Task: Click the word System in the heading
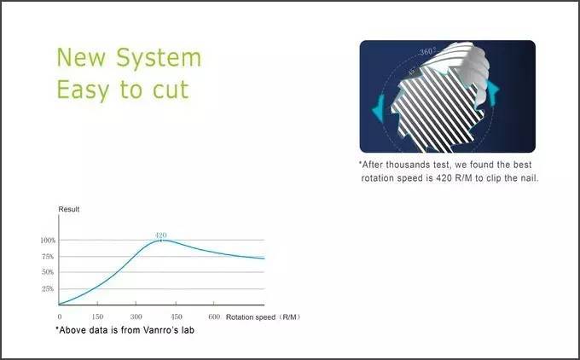159,59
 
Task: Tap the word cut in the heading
171,90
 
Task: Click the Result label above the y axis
69,209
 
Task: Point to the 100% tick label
48,241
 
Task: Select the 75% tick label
48,257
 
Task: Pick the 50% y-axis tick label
48,272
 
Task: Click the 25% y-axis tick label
48,288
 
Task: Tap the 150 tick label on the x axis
97,316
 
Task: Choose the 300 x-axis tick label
136,316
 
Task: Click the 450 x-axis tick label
176,316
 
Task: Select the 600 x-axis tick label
214,316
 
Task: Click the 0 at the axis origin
60,316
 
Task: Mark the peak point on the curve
161,240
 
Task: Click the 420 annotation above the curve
161,235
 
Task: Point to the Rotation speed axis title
251,317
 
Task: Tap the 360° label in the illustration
427,51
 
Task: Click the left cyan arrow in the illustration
379,109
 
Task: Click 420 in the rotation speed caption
444,178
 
